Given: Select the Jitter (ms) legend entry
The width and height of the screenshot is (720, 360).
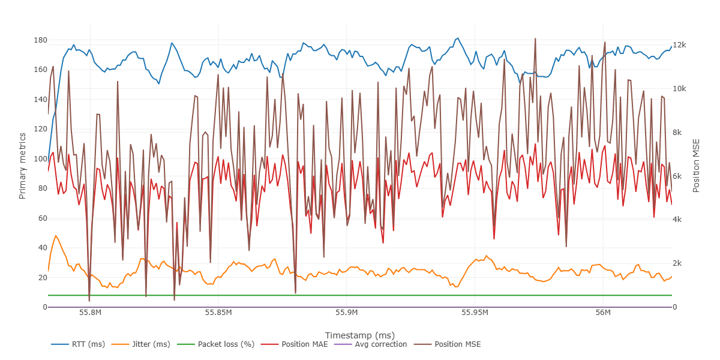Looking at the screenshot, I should [150, 344].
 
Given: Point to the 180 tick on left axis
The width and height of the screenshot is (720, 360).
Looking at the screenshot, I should [40, 40].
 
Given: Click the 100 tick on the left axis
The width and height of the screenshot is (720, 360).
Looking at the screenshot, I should [40, 159].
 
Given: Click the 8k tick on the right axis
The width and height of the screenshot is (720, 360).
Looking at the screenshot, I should [679, 133].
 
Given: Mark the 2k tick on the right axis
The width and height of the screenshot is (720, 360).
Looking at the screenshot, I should [679, 263].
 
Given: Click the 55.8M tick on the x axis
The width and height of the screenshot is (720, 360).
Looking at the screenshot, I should [90, 313].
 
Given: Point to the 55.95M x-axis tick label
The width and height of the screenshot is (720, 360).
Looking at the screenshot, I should [475, 313].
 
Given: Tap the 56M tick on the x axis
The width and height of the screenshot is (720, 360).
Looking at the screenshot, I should [603, 313].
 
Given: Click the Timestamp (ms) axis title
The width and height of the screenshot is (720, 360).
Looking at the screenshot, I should [359, 335].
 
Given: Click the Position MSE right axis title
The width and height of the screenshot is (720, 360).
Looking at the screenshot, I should [697, 166].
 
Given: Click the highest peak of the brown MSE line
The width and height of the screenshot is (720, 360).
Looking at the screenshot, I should [535, 39].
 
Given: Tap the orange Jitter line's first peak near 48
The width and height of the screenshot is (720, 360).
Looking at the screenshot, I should [56, 236].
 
